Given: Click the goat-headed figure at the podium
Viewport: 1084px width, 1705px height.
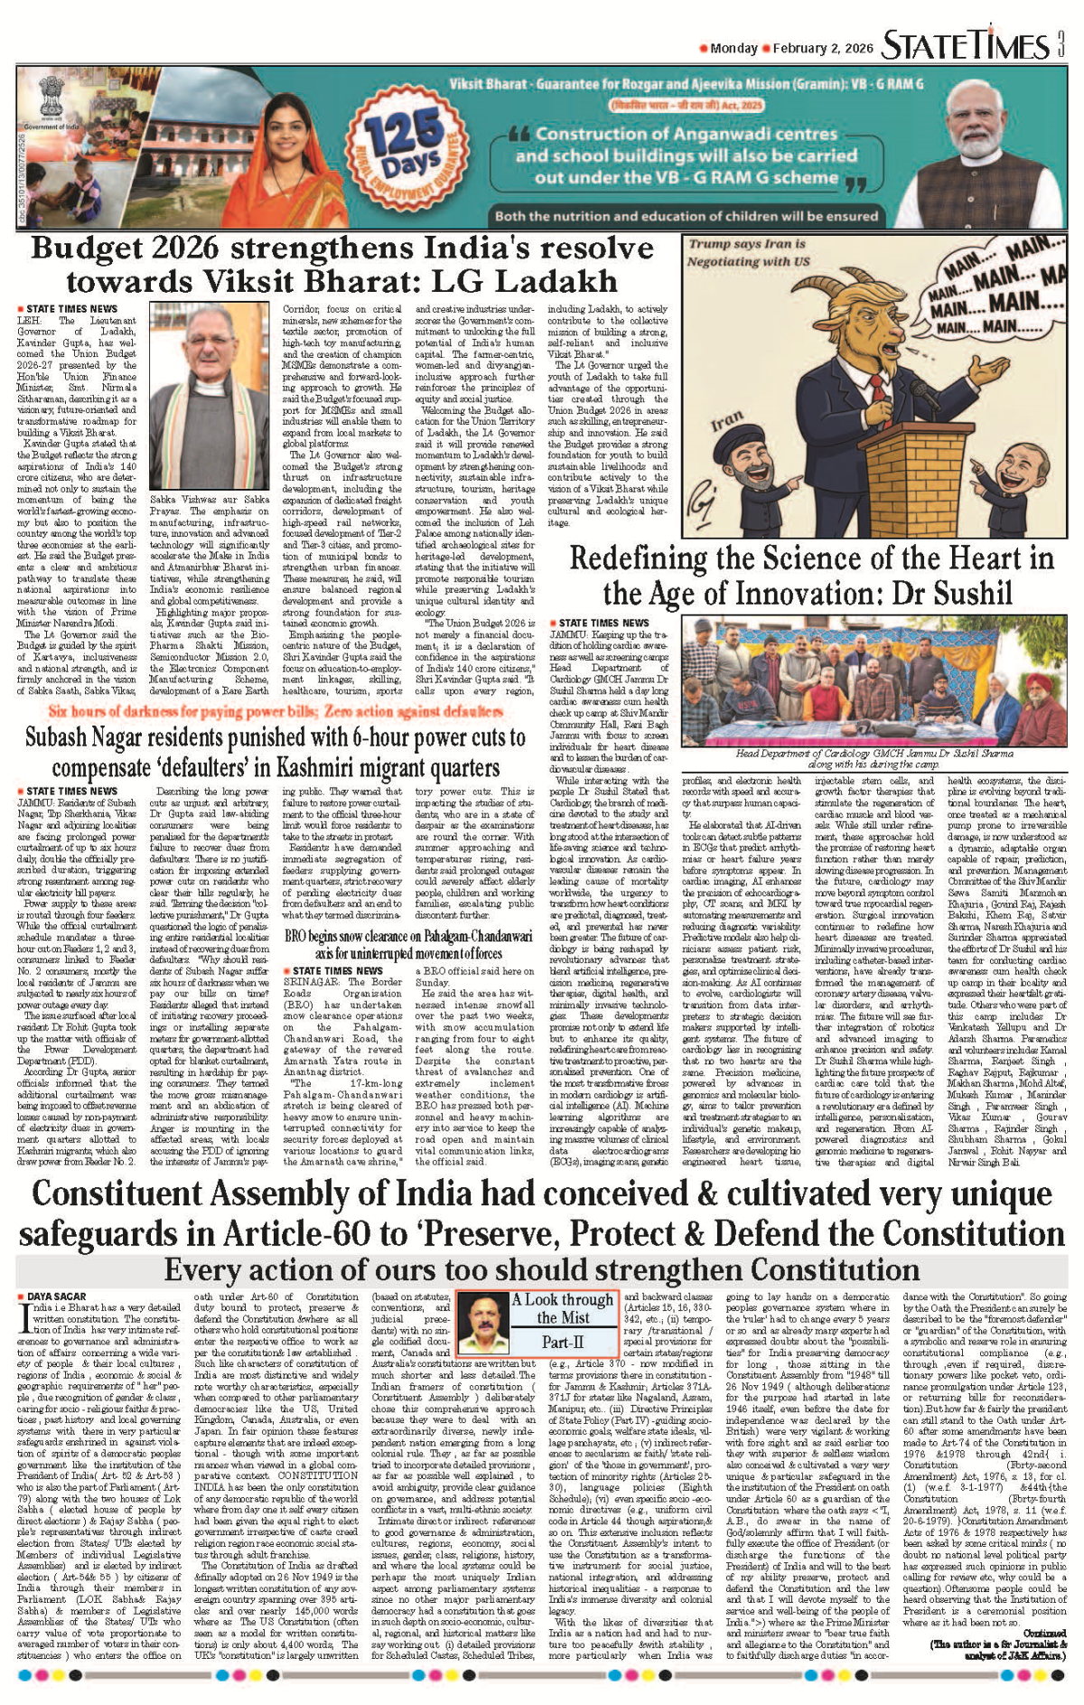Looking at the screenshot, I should click(x=867, y=361).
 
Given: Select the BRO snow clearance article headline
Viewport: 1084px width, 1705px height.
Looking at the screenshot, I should click(x=393, y=943).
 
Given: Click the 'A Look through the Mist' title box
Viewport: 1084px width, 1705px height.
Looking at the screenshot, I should click(x=562, y=1307).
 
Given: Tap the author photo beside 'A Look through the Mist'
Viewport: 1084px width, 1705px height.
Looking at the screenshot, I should click(x=482, y=1319).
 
